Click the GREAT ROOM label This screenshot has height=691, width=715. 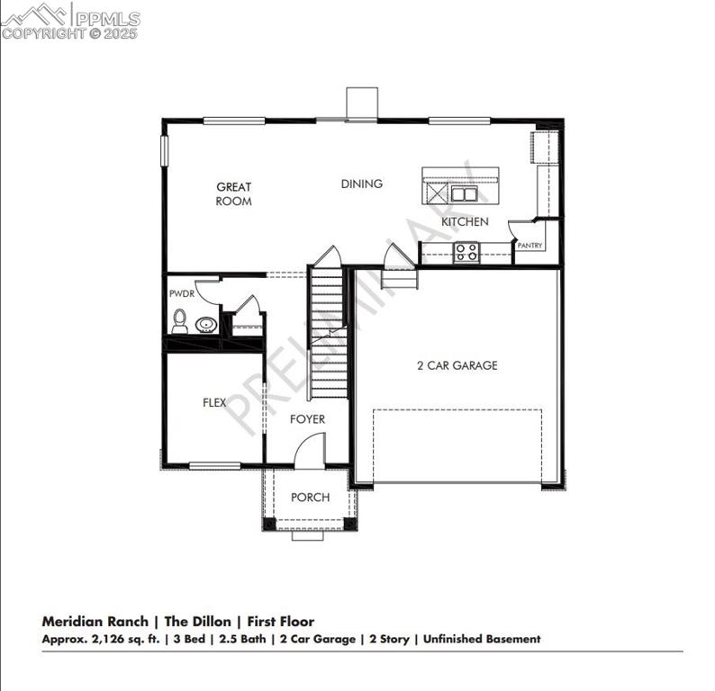[x=233, y=194]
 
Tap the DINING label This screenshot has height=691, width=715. [x=361, y=184]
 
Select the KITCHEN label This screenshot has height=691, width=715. [x=465, y=221]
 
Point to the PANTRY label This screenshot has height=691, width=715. [x=529, y=245]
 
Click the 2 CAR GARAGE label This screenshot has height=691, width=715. [x=457, y=365]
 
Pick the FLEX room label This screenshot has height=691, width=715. [x=214, y=403]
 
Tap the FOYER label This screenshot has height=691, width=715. [x=307, y=419]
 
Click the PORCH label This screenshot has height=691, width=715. [x=310, y=498]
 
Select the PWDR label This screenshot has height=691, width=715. [x=181, y=293]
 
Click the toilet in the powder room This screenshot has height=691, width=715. [x=180, y=321]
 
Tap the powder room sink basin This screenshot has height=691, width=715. [x=206, y=325]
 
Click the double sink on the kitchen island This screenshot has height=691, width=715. [x=465, y=193]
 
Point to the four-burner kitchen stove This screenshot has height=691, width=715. [x=466, y=252]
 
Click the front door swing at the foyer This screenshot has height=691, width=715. [x=311, y=450]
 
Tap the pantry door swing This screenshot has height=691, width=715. [x=520, y=229]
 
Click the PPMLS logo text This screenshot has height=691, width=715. [x=106, y=17]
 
